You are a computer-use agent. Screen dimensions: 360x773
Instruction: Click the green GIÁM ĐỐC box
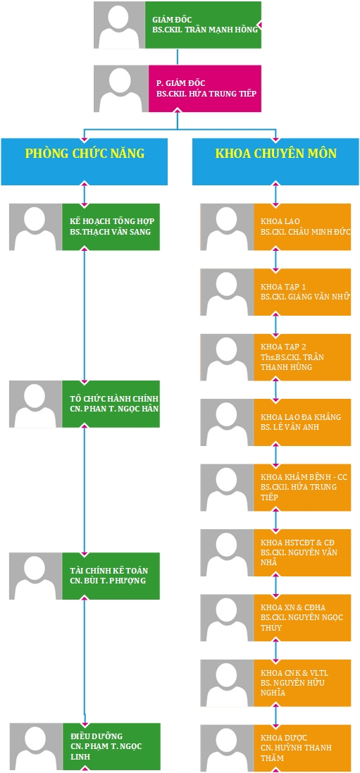tap(203, 25)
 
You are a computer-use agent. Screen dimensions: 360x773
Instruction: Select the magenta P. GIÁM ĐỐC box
tap(204, 89)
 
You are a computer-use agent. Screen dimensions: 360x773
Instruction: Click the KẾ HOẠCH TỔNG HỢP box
tap(111, 227)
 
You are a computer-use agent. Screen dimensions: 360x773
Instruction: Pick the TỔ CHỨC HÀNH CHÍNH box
tap(111, 404)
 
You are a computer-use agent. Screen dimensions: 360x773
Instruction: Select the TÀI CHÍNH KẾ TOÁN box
tap(111, 576)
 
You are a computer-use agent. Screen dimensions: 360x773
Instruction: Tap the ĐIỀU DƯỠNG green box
tap(111, 746)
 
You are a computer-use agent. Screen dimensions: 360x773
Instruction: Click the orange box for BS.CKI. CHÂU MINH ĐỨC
tap(302, 227)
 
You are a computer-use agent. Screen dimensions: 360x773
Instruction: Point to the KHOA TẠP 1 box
tap(302, 292)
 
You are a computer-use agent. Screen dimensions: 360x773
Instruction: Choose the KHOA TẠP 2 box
tap(302, 357)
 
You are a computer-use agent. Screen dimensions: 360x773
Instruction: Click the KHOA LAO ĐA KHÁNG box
tap(302, 423)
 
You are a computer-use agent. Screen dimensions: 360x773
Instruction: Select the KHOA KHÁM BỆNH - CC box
tap(302, 488)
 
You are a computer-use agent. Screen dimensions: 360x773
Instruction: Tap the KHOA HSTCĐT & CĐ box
tap(302, 552)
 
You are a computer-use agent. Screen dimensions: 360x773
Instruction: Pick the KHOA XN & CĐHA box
tap(302, 618)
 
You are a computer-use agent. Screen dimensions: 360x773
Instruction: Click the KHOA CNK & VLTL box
tap(302, 683)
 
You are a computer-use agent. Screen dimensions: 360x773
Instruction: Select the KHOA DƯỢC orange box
tap(302, 748)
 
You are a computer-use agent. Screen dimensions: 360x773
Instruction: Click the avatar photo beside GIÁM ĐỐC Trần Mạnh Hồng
tap(119, 25)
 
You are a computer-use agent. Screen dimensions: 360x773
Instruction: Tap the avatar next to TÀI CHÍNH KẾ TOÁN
tap(35, 576)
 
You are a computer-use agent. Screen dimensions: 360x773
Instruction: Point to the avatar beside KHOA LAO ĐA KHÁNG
tap(228, 423)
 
